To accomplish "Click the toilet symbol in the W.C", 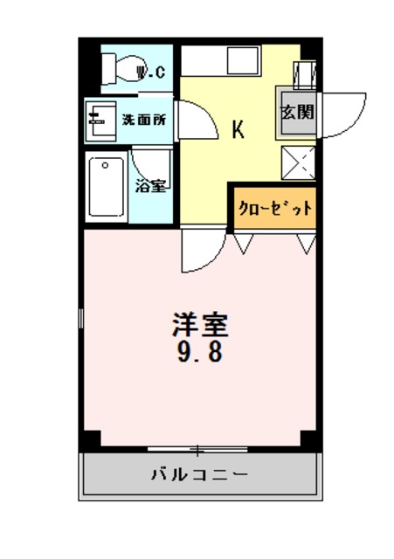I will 121,67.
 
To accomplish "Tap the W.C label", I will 153,72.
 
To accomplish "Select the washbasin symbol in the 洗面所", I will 97,120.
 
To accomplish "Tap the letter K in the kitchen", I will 237,130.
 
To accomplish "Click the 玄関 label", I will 297,113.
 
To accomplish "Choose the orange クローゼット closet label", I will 274,209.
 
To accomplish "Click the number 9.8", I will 199,353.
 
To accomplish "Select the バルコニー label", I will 199,476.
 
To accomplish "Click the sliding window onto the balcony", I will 199,450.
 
